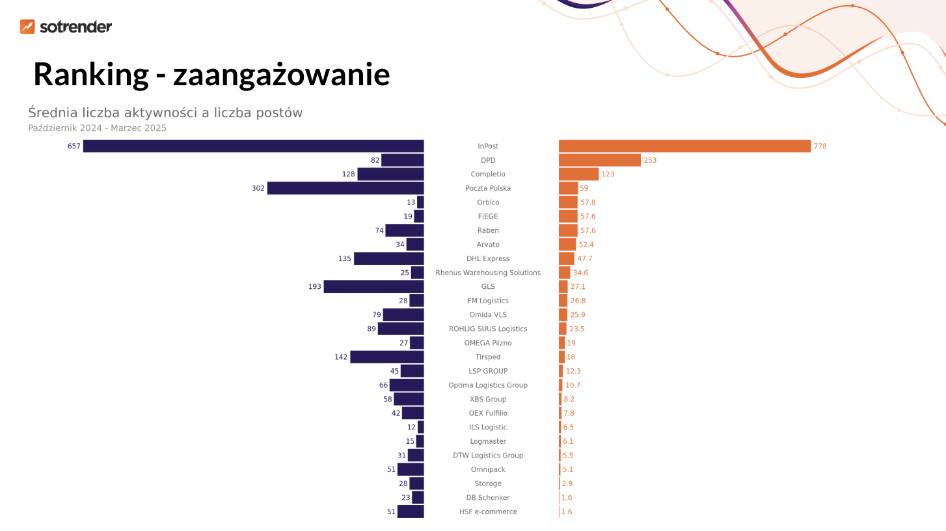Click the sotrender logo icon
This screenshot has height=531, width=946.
coord(27,27)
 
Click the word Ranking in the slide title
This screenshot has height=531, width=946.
coord(90,74)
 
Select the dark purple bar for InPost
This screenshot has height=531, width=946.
coord(253,146)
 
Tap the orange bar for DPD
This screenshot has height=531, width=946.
coord(599,160)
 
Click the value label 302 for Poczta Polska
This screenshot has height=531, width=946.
coord(258,188)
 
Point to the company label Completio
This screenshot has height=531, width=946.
coord(488,174)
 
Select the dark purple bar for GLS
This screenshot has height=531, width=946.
coord(373,287)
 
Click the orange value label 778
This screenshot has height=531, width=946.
coord(820,146)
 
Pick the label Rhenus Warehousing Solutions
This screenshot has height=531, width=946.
coord(488,273)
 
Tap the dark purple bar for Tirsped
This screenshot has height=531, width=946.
coord(386,357)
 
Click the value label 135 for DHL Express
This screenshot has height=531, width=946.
coord(344,259)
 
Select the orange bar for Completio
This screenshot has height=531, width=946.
coord(578,174)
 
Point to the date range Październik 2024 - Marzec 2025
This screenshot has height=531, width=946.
coord(97,128)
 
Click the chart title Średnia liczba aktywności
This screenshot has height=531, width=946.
coord(165,113)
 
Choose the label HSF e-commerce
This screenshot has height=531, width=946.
coord(488,512)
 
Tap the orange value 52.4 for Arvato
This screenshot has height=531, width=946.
coord(586,245)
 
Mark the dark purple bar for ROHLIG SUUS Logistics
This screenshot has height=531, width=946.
coord(401,329)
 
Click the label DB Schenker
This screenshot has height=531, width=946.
coord(488,498)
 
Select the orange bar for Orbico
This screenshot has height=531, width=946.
coord(568,202)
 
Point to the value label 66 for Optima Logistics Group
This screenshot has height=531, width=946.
coord(384,385)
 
